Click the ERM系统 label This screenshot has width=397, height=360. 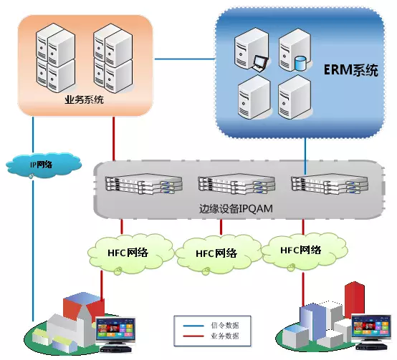point(351,70)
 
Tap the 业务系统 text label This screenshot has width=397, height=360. point(84,99)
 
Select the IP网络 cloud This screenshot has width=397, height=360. point(43,165)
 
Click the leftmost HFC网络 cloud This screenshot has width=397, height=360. point(130,253)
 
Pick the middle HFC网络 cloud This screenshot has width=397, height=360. point(218,254)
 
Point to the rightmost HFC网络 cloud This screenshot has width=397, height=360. point(304,251)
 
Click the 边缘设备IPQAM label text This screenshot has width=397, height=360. point(236,209)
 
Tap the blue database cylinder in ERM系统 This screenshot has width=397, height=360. point(300,64)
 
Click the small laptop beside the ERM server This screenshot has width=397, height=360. point(259,63)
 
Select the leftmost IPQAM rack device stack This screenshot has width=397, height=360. point(144,183)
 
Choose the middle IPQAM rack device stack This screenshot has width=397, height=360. point(236,183)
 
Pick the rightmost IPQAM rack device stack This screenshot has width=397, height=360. point(330,183)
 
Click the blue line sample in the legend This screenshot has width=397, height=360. point(193,326)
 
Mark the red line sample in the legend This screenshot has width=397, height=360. point(193,336)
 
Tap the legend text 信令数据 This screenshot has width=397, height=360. point(225,326)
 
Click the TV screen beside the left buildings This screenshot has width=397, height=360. point(115,329)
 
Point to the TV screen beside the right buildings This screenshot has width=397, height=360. point(372,326)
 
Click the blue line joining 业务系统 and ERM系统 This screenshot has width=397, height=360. point(185,59)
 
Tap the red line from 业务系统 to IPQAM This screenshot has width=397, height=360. point(114,139)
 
